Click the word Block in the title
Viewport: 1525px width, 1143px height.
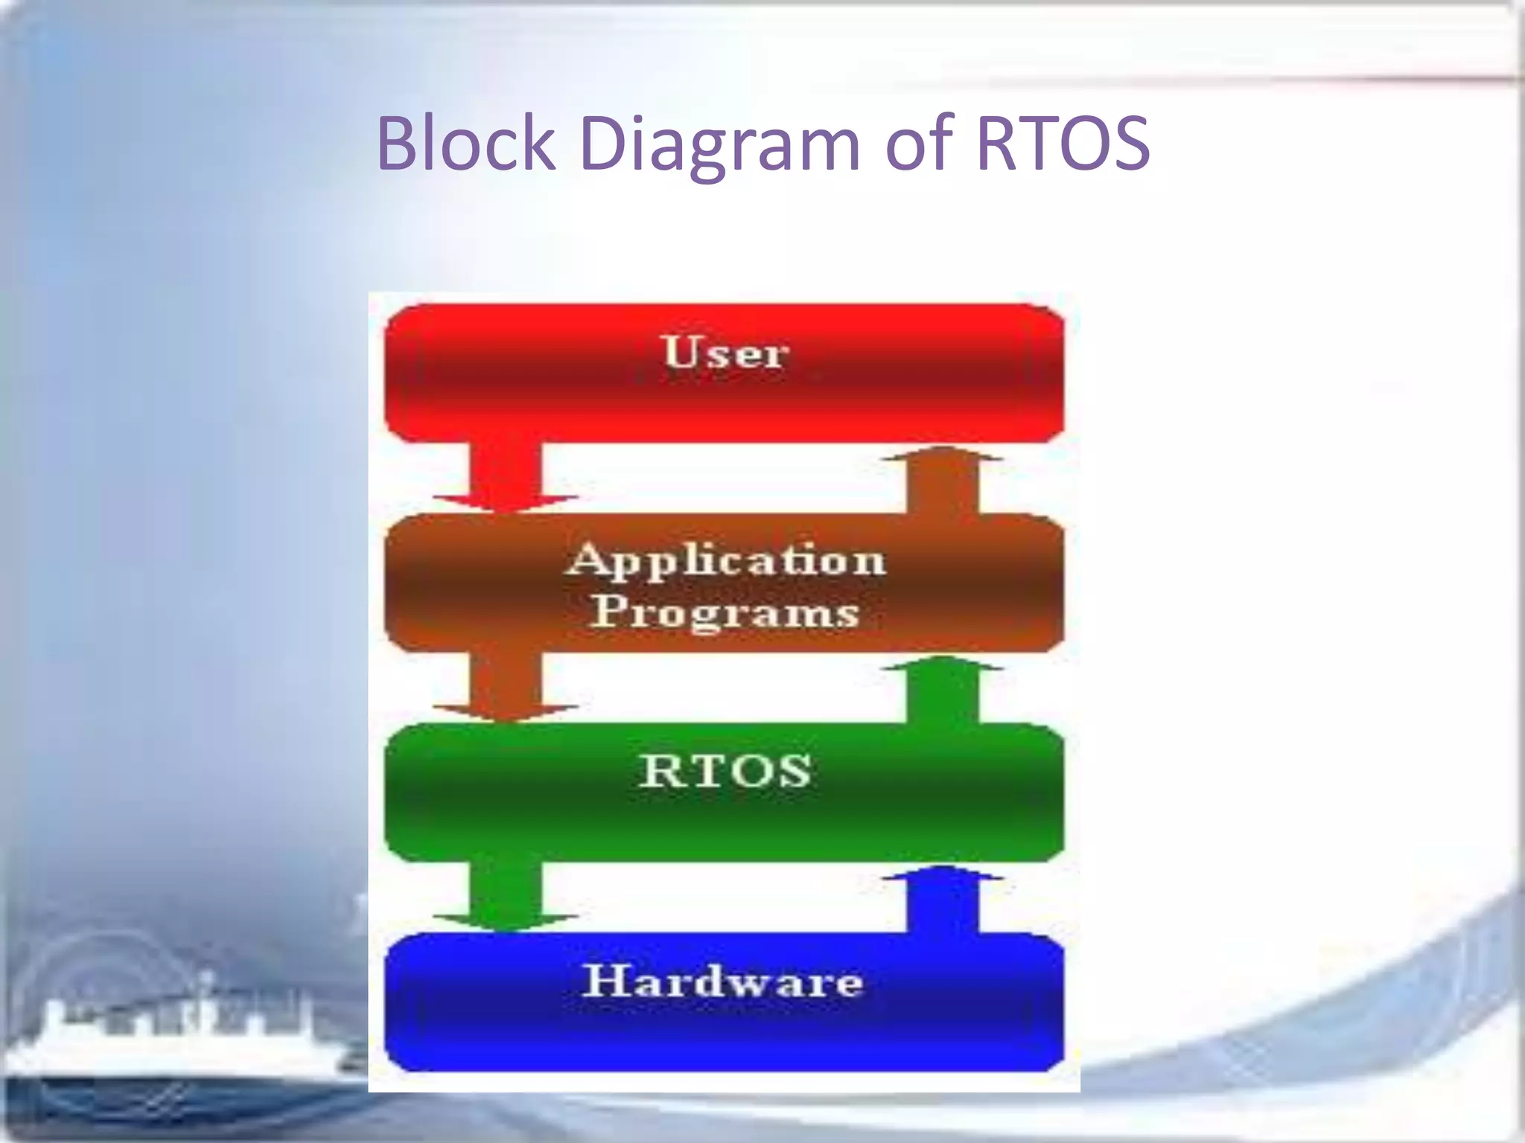tap(466, 143)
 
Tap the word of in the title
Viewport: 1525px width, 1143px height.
tap(919, 143)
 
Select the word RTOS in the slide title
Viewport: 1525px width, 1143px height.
tap(1063, 143)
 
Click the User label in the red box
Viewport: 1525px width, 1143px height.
tap(724, 352)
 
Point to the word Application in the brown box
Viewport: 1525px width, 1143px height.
tap(725, 560)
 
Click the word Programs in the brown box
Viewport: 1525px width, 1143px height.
tap(725, 612)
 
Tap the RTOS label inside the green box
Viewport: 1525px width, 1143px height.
tap(725, 771)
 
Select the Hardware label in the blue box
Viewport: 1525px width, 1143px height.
tap(722, 981)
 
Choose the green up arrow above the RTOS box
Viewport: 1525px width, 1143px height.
tap(943, 690)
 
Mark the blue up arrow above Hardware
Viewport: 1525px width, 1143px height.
tap(943, 900)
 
